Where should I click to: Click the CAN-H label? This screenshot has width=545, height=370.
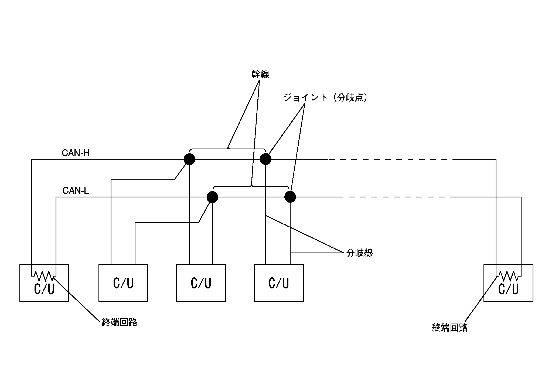coord(75,153)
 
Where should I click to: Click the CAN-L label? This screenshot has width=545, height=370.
coord(76,191)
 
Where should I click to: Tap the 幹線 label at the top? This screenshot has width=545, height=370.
coord(260,75)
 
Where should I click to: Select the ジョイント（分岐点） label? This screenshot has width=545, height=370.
coord(326,97)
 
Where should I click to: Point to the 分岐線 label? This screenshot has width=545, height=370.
coord(360,253)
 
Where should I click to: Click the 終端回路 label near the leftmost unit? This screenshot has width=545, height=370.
coord(119,322)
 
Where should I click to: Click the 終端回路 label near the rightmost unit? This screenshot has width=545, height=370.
coord(449,328)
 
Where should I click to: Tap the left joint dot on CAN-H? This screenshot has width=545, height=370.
coord(189,159)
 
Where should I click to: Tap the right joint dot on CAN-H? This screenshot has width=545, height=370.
coord(265,159)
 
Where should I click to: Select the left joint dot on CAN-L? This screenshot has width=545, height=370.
coord(212,197)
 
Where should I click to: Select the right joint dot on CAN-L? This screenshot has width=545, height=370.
coord(290,197)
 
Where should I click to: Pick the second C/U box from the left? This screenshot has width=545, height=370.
coord(123,282)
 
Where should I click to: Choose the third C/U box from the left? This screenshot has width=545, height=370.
coord(201,282)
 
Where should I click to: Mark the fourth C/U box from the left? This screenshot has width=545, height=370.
coord(279,282)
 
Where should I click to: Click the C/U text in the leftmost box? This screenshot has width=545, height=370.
coord(44,289)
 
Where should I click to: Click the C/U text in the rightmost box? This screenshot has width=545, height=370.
coord(508,289)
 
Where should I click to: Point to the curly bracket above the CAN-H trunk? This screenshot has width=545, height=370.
coord(228,149)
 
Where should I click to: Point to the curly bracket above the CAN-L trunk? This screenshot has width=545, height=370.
coord(251,186)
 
